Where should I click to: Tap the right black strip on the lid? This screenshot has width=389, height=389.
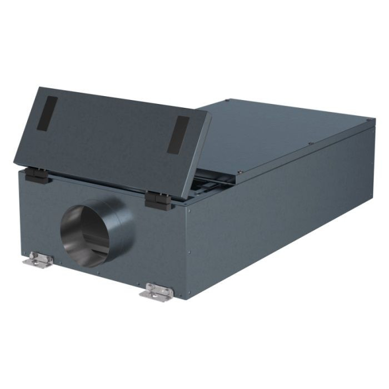click(x=179, y=135)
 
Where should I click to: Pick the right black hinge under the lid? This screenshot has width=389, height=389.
click(x=158, y=201)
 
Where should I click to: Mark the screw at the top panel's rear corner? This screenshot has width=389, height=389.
click(x=228, y=101)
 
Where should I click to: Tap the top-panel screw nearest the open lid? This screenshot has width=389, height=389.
click(x=238, y=172)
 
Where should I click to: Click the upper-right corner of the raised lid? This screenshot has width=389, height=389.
click(x=207, y=112)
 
